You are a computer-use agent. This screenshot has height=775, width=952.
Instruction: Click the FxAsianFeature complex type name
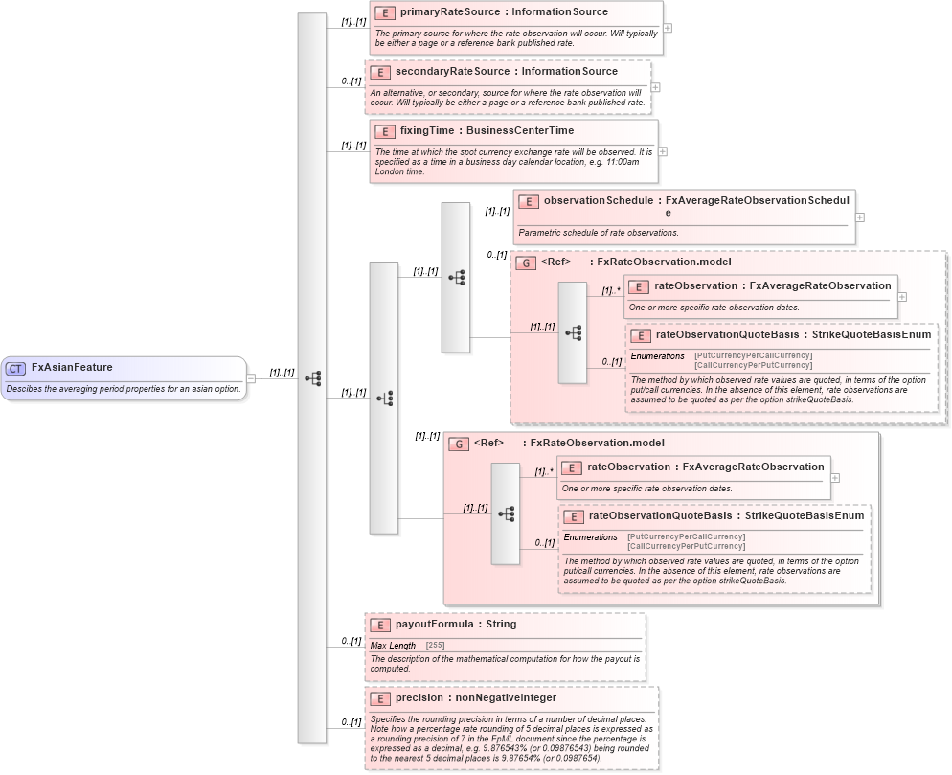click(72, 367)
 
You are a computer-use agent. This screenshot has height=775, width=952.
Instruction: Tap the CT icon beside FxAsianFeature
click(16, 368)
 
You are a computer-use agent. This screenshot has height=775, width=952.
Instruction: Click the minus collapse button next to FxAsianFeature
click(251, 377)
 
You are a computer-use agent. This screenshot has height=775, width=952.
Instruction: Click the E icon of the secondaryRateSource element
click(380, 72)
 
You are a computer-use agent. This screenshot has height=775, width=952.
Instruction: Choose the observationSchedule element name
click(599, 201)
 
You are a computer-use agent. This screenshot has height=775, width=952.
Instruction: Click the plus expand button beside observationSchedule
click(859, 217)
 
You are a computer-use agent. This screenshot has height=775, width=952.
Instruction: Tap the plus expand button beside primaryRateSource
click(668, 28)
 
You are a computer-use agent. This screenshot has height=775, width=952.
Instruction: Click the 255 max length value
click(435, 646)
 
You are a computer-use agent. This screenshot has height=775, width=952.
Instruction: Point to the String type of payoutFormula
click(501, 624)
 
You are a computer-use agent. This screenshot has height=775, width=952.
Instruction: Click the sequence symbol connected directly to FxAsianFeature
click(312, 377)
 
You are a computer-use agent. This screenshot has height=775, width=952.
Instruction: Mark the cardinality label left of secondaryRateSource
click(351, 81)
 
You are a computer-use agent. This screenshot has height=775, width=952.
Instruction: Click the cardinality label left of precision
click(351, 721)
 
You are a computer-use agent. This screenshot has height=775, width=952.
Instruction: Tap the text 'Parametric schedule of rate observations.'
click(599, 233)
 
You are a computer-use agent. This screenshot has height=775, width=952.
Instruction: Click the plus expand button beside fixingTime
click(663, 151)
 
